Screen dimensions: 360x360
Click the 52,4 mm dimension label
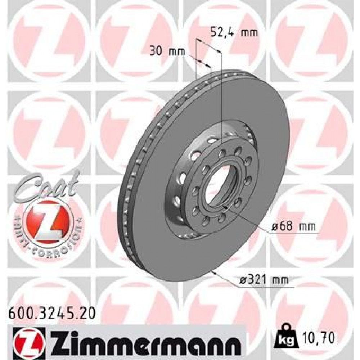click(234, 33)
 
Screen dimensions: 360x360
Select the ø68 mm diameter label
click(293, 227)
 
